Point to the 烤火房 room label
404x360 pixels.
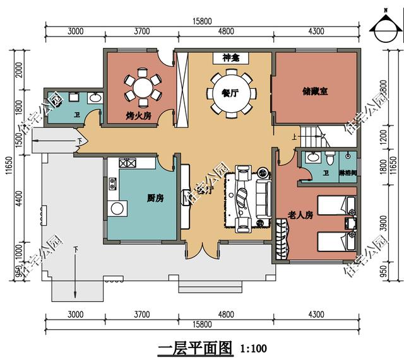[x=138, y=116]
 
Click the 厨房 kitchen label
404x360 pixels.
[x=155, y=198]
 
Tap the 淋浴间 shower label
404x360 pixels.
[x=348, y=172]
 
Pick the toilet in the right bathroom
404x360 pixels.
[x=330, y=156]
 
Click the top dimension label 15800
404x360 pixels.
[x=202, y=21]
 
